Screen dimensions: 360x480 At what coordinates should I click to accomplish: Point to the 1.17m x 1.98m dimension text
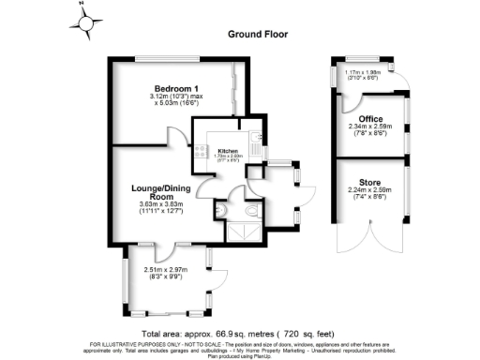pos(364,72)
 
